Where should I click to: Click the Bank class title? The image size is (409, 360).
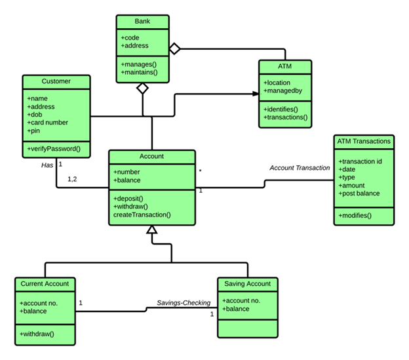(x=142, y=22)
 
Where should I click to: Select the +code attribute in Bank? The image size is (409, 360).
(x=131, y=37)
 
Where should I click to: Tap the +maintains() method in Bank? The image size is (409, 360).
(x=140, y=71)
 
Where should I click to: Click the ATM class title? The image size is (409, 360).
(x=284, y=67)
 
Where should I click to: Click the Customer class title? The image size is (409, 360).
(x=56, y=81)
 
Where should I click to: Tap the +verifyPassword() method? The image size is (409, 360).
(x=54, y=149)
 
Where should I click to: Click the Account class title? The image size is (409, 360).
(x=151, y=157)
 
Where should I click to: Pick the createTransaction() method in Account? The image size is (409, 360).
(x=142, y=214)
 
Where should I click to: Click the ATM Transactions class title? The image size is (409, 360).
(x=363, y=141)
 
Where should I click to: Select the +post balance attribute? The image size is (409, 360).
(x=359, y=193)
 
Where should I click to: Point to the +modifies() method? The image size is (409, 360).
(x=355, y=215)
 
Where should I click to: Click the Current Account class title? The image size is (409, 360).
(x=45, y=284)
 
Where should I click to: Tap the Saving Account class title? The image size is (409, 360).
(x=247, y=284)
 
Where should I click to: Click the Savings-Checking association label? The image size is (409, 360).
(x=184, y=302)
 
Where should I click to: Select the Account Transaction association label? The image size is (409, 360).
(x=300, y=168)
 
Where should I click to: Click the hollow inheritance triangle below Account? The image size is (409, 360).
(x=152, y=230)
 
